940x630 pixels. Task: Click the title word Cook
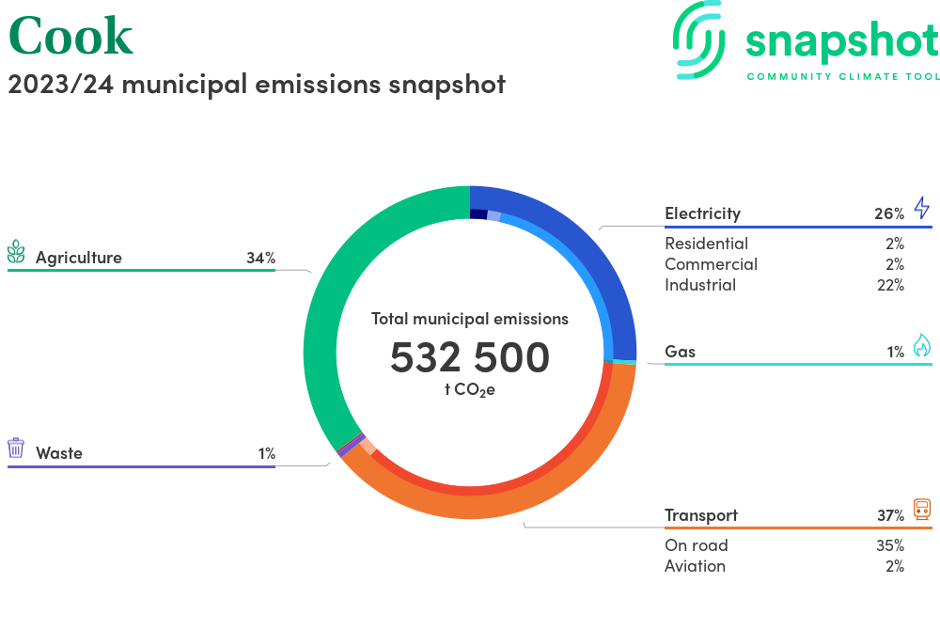click(70, 36)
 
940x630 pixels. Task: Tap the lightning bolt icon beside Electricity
click(921, 208)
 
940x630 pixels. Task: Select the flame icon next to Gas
click(921, 347)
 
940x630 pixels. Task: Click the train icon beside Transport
click(921, 510)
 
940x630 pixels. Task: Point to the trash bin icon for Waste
click(16, 448)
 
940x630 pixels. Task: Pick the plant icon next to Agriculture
click(16, 252)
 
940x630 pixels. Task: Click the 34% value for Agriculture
click(260, 258)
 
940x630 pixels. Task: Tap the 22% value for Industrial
click(889, 285)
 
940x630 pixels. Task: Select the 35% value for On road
click(889, 545)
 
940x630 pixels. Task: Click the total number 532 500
click(470, 357)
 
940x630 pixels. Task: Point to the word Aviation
click(695, 566)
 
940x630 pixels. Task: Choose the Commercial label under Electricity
click(711, 264)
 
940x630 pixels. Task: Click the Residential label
click(706, 244)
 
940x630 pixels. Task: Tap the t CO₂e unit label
click(470, 389)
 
